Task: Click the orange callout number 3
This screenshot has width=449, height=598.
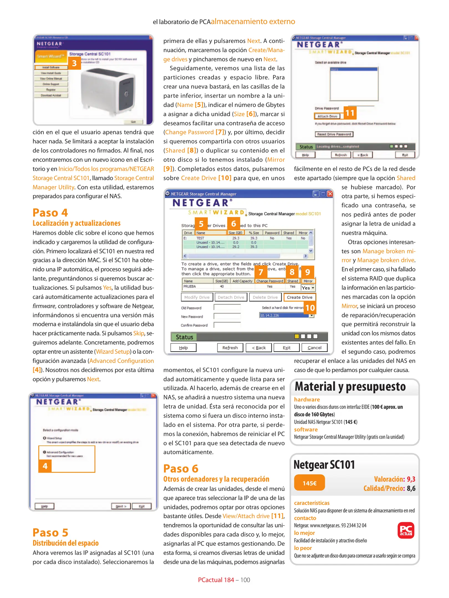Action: pyautogui.click(x=74, y=63)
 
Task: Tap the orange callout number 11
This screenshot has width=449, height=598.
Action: pyautogui.click(x=350, y=113)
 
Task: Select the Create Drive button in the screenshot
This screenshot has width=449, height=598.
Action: pyautogui.click(x=299, y=297)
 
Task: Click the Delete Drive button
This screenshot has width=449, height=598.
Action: pyautogui.click(x=265, y=297)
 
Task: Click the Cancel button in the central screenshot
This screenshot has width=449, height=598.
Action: pyautogui.click(x=314, y=347)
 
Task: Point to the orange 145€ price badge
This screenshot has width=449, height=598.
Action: pyautogui.click(x=309, y=483)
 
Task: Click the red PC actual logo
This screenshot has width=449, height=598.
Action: pyautogui.click(x=406, y=530)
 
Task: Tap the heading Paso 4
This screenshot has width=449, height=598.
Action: pyautogui.click(x=50, y=213)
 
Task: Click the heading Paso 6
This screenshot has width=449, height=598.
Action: pyautogui.click(x=181, y=468)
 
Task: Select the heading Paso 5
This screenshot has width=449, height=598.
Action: pyautogui.click(x=50, y=532)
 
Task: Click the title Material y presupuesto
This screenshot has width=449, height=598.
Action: pyautogui.click(x=350, y=386)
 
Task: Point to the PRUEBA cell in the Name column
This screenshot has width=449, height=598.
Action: pyautogui.click(x=190, y=286)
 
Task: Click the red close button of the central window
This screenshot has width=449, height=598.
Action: pyautogui.click(x=330, y=194)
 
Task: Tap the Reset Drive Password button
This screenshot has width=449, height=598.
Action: pyautogui.click(x=334, y=134)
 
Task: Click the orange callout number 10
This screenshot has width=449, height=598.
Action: pyautogui.click(x=310, y=308)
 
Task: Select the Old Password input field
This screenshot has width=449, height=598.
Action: pyautogui.click(x=227, y=307)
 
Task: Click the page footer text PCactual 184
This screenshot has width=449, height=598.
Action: pyautogui.click(x=216, y=580)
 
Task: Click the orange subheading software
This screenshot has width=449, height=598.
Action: pyautogui.click(x=306, y=429)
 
